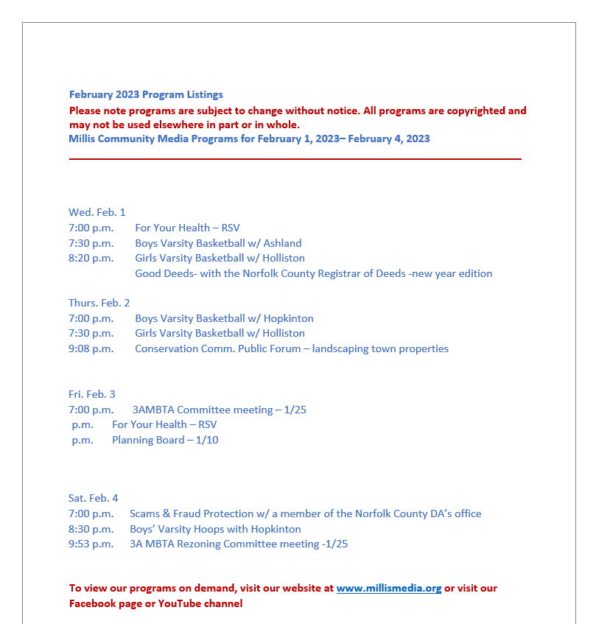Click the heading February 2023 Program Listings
[146, 94]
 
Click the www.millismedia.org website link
[389, 589]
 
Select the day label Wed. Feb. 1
[97, 212]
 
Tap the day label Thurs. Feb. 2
[99, 303]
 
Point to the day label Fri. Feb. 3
[92, 394]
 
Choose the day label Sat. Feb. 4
[94, 498]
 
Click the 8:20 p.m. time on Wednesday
[91, 258]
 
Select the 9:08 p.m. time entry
[91, 348]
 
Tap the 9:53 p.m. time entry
[91, 544]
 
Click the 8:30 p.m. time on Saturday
[91, 529]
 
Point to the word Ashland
[283, 243]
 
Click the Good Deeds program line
[313, 273]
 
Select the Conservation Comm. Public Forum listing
[291, 348]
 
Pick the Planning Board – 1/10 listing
[165, 440]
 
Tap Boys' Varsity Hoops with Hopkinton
[215, 529]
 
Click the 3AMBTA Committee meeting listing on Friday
[219, 410]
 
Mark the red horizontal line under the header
[295, 158]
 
